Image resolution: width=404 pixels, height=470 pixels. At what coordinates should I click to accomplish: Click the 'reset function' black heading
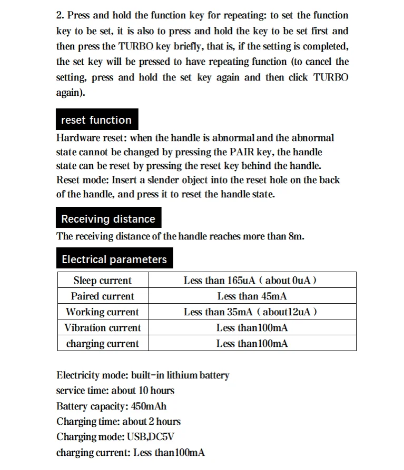point(96,120)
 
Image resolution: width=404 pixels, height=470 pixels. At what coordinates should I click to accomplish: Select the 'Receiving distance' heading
point(108,219)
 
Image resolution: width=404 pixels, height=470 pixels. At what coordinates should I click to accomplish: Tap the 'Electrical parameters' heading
point(114,259)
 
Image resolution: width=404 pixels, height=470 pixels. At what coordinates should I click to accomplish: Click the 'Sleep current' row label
point(102,281)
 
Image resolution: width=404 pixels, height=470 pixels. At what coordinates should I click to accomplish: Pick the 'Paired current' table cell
point(102,296)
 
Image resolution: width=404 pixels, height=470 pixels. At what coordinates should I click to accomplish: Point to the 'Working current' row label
point(102,312)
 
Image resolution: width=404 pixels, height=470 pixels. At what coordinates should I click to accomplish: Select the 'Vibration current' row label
point(102,328)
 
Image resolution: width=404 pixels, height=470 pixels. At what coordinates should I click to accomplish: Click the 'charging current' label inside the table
point(102,344)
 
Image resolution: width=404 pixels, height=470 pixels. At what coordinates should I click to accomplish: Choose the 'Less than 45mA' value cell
point(252,296)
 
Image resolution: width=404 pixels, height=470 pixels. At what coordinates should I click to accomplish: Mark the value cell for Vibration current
point(252,328)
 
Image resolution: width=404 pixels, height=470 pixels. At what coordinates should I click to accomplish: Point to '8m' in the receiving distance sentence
point(296,236)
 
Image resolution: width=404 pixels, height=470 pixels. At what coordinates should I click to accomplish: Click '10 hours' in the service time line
point(156,391)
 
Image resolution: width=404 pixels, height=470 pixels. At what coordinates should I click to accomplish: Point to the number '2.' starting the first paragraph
point(60,16)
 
